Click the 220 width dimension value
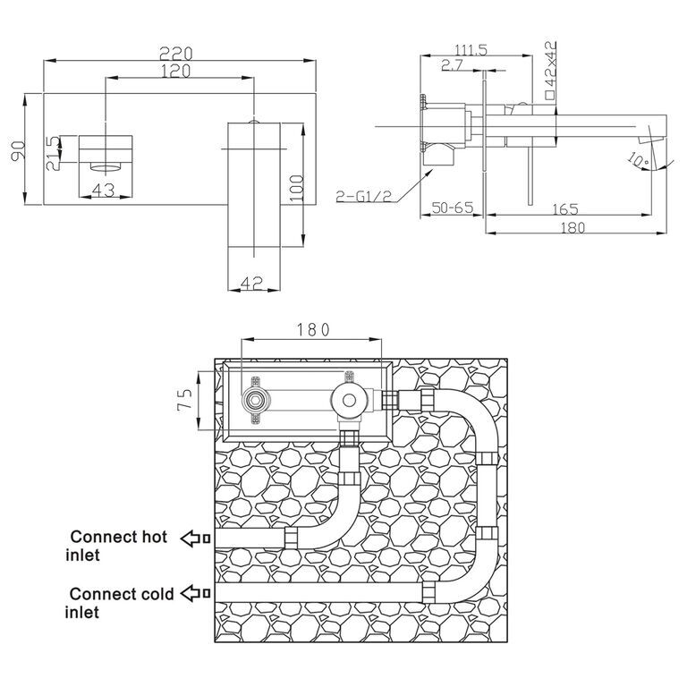175,54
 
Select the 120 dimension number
175,71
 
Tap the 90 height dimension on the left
19,150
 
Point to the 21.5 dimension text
53,153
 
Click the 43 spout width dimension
104,191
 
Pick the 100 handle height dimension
297,188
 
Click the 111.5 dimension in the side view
471,50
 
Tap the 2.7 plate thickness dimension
452,65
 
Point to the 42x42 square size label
550,70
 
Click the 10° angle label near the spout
639,160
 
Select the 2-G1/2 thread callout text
364,196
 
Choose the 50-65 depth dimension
453,208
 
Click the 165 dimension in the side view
565,209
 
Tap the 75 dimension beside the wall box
185,399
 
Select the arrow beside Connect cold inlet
196,593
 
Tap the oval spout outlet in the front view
106,166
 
